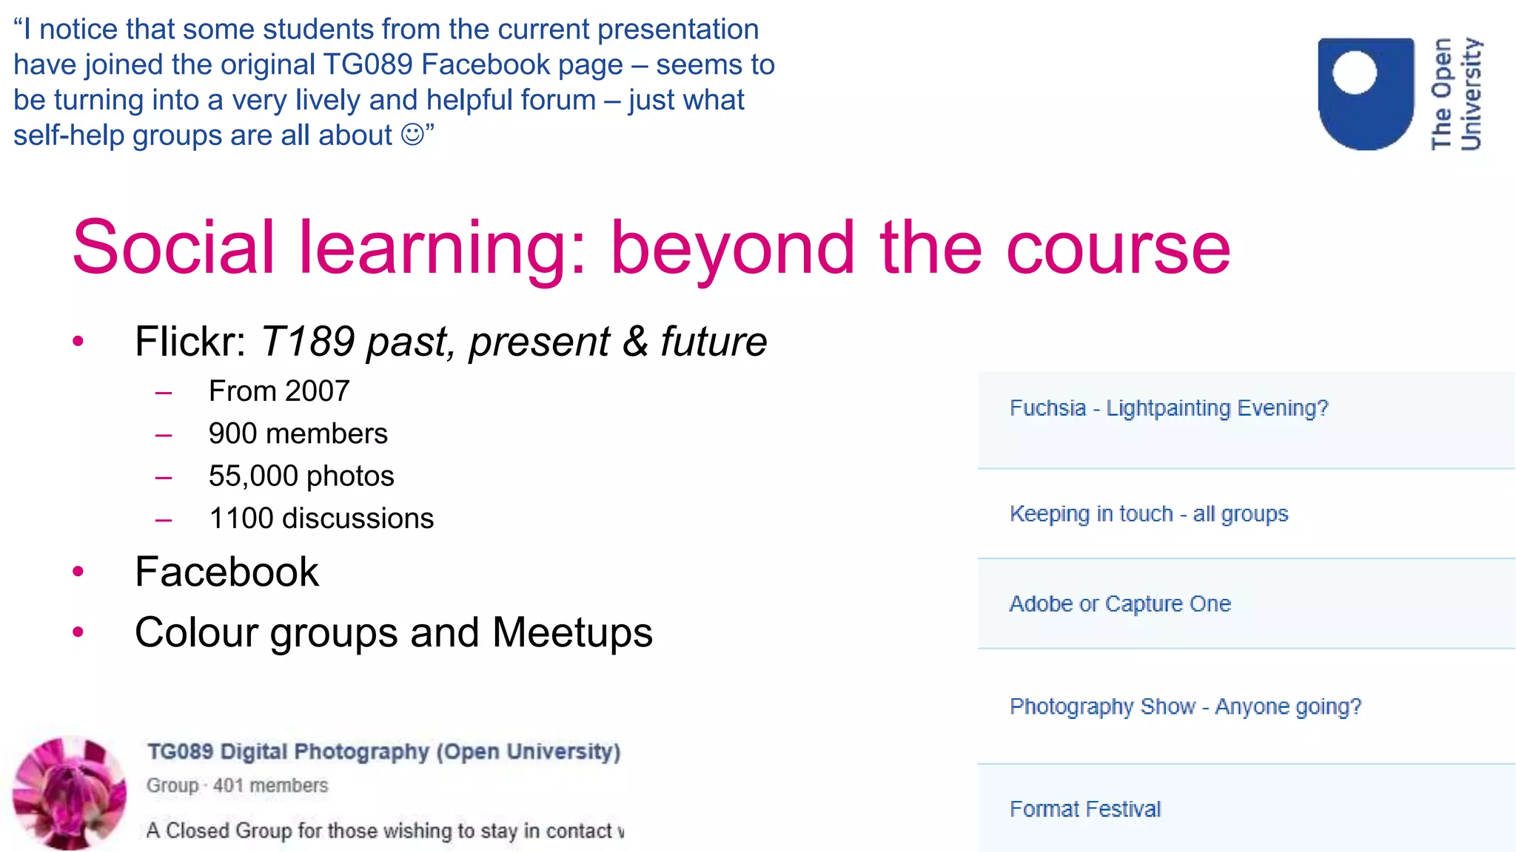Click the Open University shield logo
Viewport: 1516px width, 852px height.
1365,93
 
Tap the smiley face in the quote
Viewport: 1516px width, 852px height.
412,135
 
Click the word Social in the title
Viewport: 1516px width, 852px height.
173,247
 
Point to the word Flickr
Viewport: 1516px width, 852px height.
189,342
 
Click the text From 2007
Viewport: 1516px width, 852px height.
279,390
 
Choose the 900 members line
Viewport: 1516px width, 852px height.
298,433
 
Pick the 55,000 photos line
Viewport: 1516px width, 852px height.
301,476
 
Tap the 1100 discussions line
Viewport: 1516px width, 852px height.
321,518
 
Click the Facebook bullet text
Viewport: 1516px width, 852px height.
227,572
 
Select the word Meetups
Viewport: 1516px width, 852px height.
572,633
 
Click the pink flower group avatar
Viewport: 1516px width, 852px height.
70,793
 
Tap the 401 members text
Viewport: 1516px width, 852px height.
270,785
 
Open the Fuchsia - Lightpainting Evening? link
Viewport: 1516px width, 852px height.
1168,408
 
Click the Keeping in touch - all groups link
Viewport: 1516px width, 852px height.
1148,513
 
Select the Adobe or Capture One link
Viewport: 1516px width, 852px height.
1119,603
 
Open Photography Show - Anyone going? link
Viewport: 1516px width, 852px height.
1185,706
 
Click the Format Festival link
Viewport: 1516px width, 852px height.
1084,808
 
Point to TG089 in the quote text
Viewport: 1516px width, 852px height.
367,64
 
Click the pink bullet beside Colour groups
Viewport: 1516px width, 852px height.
78,632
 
